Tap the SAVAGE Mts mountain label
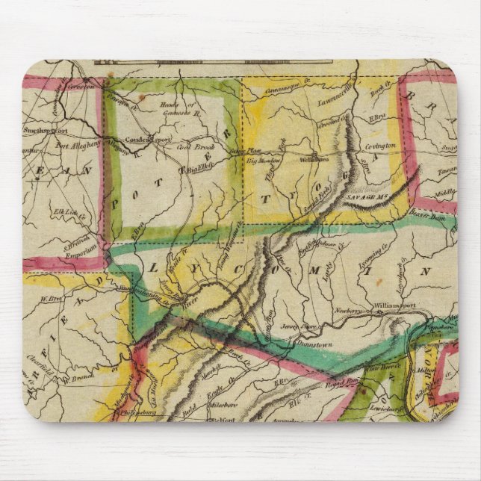click(367, 194)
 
